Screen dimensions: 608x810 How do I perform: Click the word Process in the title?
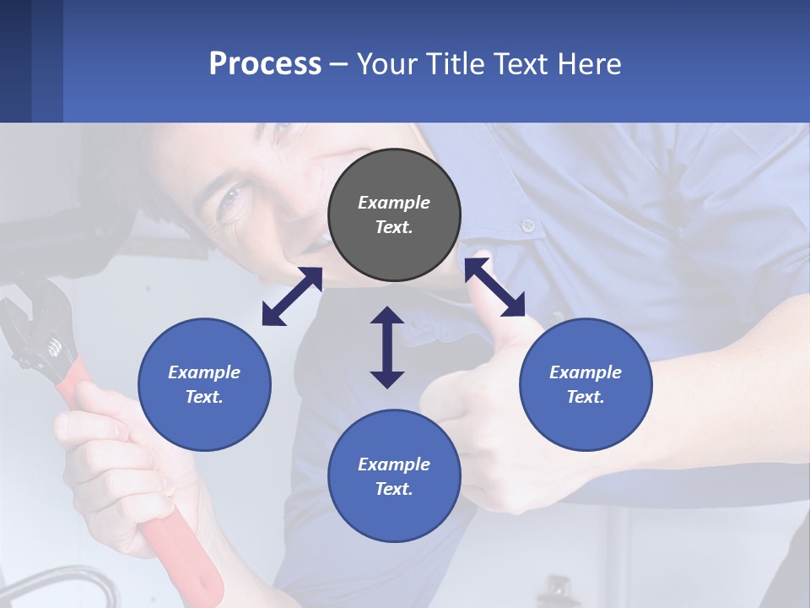click(x=265, y=64)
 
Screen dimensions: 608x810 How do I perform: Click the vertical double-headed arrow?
click(x=387, y=347)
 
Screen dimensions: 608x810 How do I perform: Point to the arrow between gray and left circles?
click(x=292, y=296)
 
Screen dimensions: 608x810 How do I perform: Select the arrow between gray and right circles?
click(x=494, y=287)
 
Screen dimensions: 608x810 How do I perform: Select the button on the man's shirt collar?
click(x=528, y=225)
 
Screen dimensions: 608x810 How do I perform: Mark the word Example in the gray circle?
click(x=394, y=203)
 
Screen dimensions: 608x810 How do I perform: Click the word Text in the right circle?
click(x=586, y=397)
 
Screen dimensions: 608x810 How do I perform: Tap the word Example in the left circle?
click(x=204, y=372)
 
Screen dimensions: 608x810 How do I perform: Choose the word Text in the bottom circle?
click(x=394, y=489)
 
